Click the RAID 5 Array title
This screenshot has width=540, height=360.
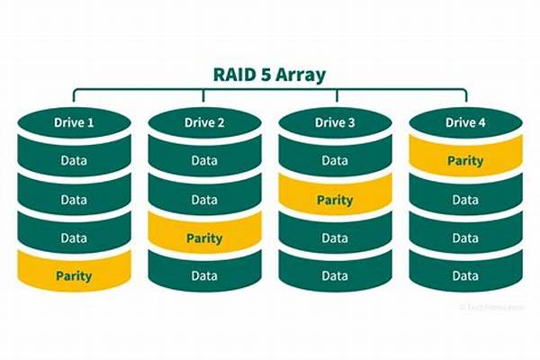(269, 76)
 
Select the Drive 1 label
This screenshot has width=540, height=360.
(74, 122)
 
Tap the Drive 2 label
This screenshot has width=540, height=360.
(204, 122)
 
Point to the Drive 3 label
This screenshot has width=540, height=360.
(335, 122)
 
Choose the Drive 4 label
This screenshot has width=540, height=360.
(465, 122)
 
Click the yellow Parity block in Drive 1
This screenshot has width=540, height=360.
(74, 275)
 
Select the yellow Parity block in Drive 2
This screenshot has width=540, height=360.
(204, 238)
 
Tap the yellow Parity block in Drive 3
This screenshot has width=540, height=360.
(335, 200)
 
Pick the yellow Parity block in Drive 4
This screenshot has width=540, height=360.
(465, 161)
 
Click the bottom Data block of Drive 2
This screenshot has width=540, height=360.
(204, 276)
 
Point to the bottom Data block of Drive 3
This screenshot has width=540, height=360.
(335, 276)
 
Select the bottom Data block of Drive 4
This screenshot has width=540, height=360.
(465, 276)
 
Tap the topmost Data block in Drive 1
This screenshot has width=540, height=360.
(74, 161)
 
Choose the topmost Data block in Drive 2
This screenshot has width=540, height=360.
(204, 161)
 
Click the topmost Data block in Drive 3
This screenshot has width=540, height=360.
(335, 161)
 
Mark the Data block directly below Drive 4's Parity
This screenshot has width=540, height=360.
(465, 200)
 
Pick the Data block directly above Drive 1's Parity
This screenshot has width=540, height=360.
(74, 238)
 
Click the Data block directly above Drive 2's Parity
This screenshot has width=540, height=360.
(204, 200)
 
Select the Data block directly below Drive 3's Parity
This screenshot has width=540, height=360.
(335, 238)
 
